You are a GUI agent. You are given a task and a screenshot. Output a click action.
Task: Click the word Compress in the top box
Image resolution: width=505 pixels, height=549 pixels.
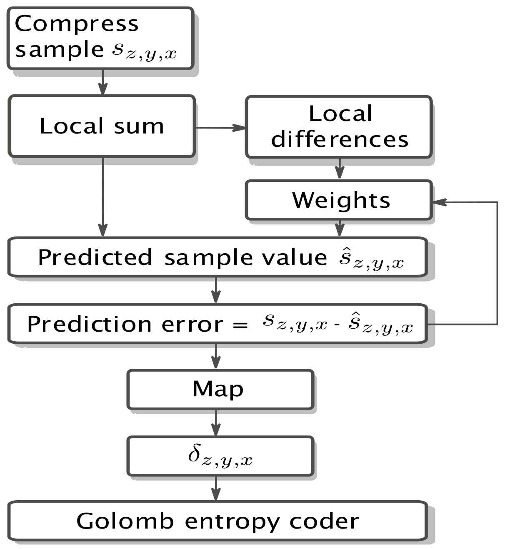[77, 24]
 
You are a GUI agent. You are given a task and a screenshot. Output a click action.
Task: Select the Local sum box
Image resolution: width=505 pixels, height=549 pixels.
[102, 126]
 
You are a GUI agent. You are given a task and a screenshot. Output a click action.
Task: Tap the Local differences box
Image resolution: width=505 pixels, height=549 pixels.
[339, 127]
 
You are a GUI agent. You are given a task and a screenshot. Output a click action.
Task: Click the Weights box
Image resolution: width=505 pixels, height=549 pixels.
[339, 200]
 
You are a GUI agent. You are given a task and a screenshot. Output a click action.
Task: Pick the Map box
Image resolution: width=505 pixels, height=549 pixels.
[220, 389]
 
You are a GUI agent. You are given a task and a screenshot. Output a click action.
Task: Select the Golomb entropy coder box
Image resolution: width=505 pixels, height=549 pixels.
[217, 521]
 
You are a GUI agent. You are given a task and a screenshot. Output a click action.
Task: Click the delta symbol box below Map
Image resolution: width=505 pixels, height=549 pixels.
[220, 456]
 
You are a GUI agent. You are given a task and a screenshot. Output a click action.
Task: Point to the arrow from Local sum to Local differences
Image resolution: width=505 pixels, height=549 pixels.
[221, 128]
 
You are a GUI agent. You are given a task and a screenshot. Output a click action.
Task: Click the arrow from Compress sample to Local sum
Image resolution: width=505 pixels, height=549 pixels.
[102, 83]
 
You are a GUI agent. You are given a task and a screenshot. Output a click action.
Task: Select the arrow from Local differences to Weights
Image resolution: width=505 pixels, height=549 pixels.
[340, 169]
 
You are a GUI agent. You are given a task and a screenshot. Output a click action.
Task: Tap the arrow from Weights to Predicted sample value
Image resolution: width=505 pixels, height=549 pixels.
[340, 228]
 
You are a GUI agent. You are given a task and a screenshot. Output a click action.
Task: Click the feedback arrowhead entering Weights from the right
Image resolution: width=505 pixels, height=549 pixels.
[440, 202]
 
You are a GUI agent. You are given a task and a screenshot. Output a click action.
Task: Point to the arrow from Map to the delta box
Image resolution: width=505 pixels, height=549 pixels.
[216, 423]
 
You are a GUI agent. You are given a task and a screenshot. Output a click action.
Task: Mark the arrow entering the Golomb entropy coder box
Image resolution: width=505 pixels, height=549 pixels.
[216, 489]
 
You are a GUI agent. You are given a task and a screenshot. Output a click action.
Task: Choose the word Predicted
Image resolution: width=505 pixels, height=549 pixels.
[95, 257]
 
